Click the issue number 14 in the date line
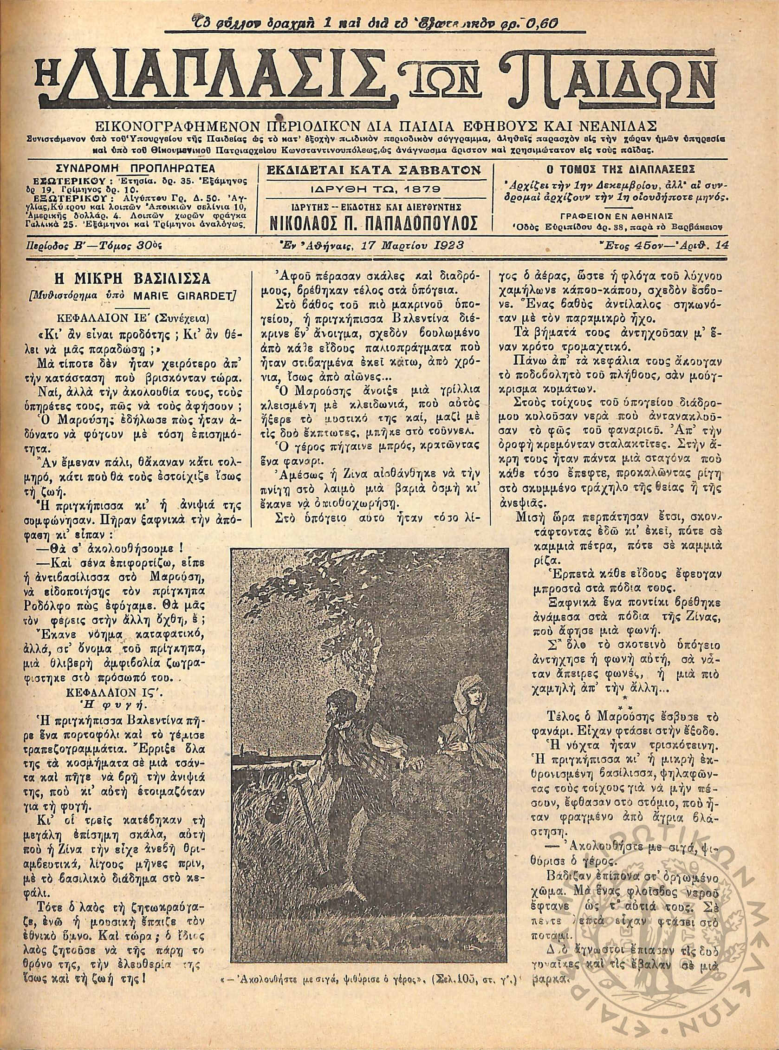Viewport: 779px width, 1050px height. [721, 245]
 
